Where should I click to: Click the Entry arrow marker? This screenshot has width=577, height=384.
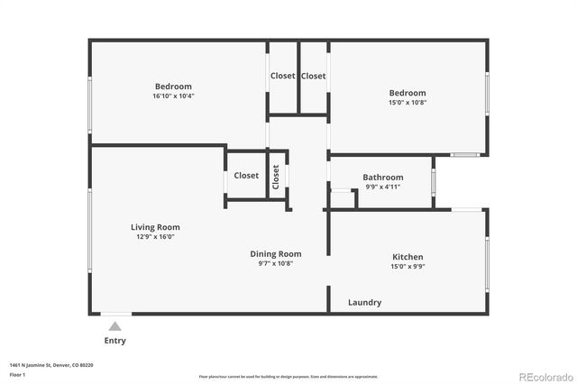coord(114,327)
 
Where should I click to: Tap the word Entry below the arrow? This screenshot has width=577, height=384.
coord(114,341)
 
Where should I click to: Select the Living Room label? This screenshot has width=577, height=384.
coord(155,227)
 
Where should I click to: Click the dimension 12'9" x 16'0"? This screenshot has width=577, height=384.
coord(155,237)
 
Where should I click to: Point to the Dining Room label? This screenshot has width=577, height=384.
coord(275,254)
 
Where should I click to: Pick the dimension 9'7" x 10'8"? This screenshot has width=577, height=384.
coord(275,264)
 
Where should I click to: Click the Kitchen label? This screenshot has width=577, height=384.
coord(408,257)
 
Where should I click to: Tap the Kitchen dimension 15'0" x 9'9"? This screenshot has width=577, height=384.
coord(408,267)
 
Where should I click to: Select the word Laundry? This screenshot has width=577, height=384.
coord(364,303)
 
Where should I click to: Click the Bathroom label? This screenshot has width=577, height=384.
coord(382,178)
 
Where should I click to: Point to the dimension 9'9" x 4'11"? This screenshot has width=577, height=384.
coord(382,187)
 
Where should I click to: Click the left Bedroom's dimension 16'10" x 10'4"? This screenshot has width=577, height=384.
coord(174,96)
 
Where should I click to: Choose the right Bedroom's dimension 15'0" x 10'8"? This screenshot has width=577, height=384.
coord(408,103)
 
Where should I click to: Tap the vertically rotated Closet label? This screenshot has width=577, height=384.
coord(276,175)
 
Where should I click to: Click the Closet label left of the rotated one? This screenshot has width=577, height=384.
coord(246,176)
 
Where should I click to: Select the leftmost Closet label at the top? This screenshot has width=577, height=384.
coord(282,76)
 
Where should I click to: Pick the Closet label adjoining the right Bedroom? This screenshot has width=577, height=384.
coord(313,76)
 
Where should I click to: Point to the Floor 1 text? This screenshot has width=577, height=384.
coord(17,372)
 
